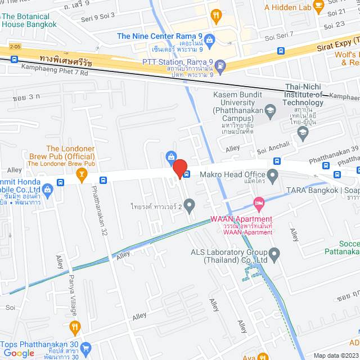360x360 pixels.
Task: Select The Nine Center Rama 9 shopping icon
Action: pyautogui.click(x=210, y=39)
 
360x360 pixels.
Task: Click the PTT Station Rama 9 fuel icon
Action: pyautogui.click(x=220, y=65)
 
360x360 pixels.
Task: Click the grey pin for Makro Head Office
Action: pyautogui.click(x=273, y=177)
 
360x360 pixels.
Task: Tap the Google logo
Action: pyautogui.click(x=19, y=353)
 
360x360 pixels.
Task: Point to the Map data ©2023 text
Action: pyautogui.click(x=335, y=355)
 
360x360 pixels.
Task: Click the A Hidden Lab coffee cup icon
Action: pyautogui.click(x=318, y=6)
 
